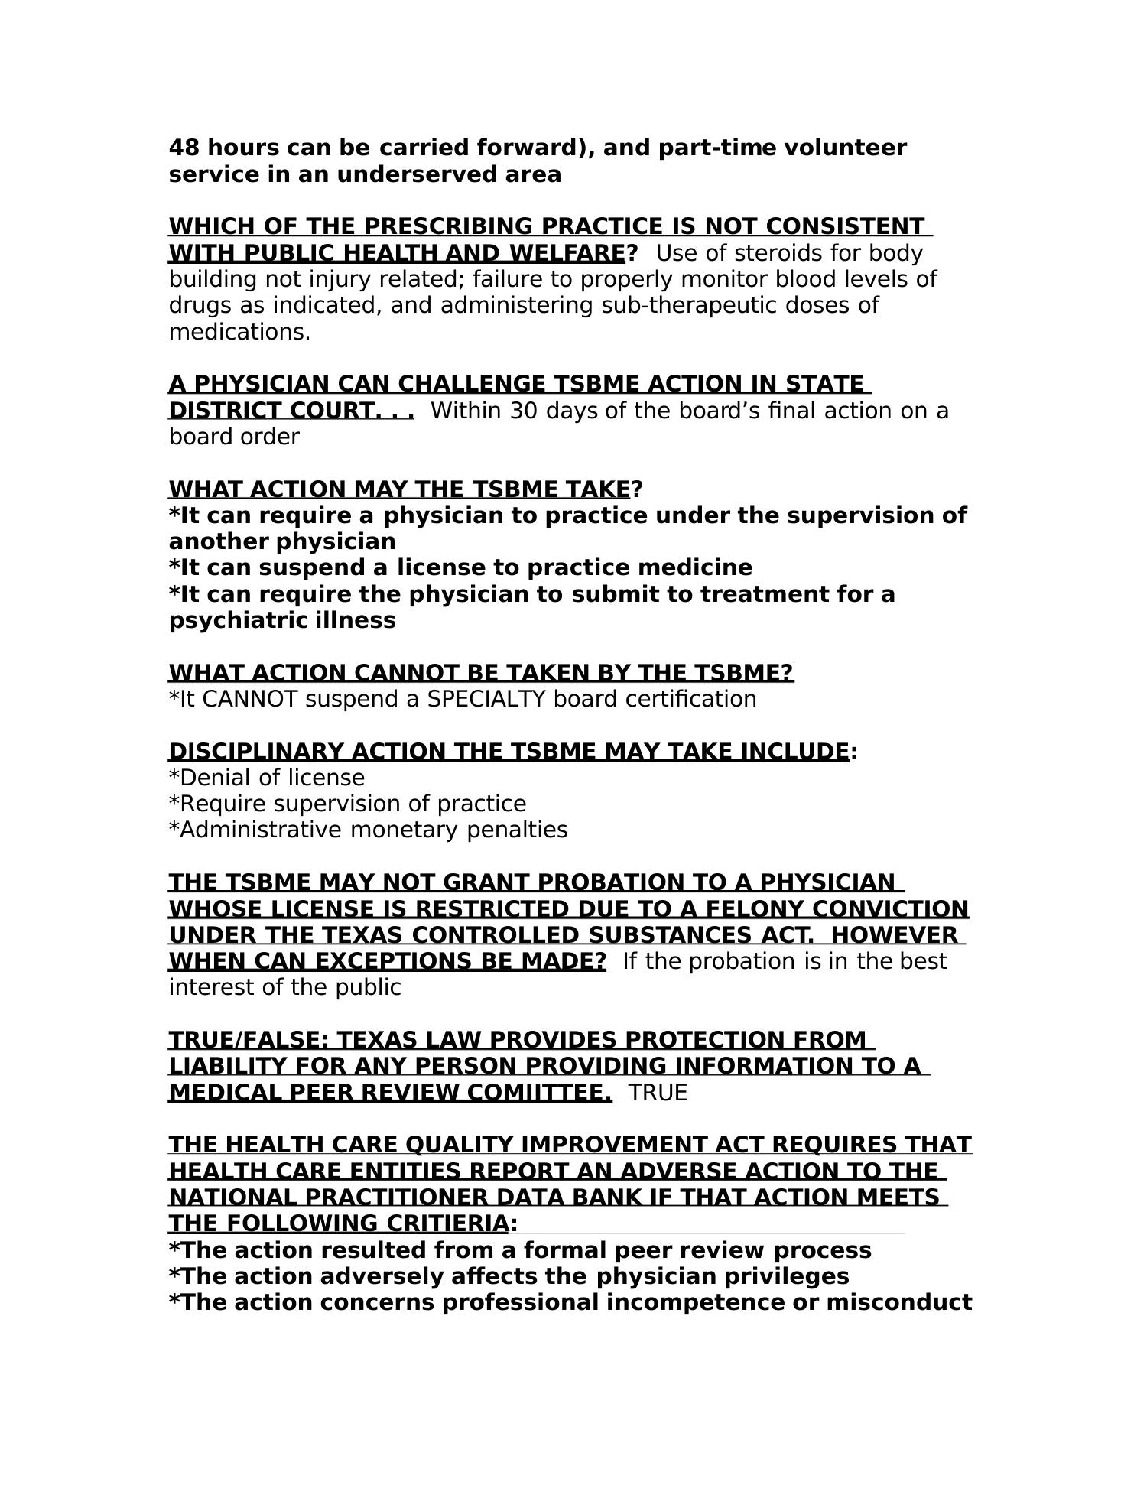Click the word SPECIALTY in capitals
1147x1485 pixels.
[x=486, y=699]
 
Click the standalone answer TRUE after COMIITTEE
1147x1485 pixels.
[x=658, y=1093]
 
